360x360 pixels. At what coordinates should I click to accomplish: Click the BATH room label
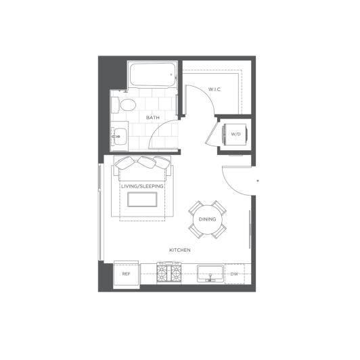coord(153,118)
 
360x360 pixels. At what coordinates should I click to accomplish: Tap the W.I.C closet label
coord(215,89)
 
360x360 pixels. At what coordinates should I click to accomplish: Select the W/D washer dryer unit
coord(235,134)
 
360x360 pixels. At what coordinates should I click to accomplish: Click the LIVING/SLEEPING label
coord(142,186)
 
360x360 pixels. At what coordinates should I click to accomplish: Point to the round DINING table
coord(207,219)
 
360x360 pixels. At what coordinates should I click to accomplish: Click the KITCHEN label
coord(180,250)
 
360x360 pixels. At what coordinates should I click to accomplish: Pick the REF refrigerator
coord(127,274)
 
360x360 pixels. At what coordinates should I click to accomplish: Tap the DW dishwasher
coord(234,274)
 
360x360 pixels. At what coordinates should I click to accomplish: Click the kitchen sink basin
coord(210,273)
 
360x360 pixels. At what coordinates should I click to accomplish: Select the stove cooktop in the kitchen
coord(168,273)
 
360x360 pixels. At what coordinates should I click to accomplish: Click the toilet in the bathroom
coord(124,105)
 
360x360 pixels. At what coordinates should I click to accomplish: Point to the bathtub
coord(152,74)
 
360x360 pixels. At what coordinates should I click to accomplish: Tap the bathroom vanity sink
coord(119,137)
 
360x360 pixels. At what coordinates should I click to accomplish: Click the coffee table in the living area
coord(142,200)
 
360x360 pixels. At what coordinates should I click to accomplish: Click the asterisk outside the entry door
coord(258,181)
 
